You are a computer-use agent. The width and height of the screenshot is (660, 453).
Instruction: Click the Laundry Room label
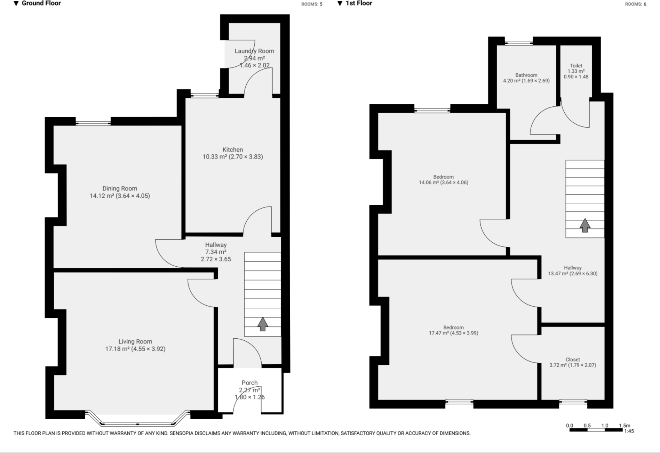[x=254, y=51]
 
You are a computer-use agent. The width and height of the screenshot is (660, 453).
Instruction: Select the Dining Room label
[x=120, y=188]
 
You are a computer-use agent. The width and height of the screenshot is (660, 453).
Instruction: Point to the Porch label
[x=249, y=383]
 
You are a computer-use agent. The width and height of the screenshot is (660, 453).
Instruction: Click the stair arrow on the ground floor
[x=263, y=324]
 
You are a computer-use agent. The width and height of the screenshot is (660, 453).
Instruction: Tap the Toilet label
[x=576, y=65]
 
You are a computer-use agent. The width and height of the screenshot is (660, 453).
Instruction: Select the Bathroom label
[x=526, y=75]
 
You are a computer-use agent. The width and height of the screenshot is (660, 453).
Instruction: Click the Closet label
[x=573, y=359]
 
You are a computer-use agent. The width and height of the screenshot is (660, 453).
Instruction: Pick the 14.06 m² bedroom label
[x=443, y=177]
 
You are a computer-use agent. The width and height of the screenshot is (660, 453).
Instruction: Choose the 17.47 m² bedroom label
[x=453, y=327]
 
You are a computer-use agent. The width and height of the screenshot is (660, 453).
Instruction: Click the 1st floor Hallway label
[x=573, y=268]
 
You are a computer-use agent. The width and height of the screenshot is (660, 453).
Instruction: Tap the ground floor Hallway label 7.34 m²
[x=216, y=252]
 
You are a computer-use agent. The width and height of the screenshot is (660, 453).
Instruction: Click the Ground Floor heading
[x=41, y=3]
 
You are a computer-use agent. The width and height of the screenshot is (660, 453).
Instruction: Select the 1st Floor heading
[x=359, y=3]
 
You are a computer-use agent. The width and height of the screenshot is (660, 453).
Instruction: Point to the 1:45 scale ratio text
[x=629, y=431]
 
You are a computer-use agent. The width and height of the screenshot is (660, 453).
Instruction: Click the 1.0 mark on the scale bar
[x=605, y=426]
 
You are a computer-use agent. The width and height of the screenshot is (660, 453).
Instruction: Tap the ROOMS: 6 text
[x=635, y=4]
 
